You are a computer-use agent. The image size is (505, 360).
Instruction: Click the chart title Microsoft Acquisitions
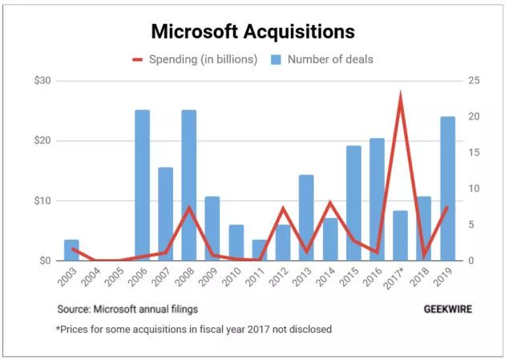pos(252,32)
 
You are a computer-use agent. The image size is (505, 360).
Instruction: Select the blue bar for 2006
pos(142,185)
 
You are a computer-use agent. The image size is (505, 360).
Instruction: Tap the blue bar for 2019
pos(447,188)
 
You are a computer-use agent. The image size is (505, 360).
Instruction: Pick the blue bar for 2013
pos(306,217)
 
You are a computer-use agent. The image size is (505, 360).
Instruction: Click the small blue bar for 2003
pos(71,250)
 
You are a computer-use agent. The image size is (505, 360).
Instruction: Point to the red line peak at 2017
pos(400,97)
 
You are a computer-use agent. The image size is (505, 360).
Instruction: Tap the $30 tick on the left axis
pos(42,81)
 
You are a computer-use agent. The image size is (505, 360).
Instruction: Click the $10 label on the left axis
pos(42,200)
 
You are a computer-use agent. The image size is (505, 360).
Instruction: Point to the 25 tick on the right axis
pos(475,81)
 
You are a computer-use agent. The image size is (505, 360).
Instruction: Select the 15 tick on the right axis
pos(475,153)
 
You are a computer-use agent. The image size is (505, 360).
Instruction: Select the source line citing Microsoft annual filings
pos(127,309)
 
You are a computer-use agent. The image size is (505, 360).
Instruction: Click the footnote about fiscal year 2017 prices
pos(193,329)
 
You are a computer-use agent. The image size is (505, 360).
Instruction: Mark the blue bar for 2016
pos(377,200)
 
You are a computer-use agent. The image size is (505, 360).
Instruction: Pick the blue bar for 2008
pos(188,185)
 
